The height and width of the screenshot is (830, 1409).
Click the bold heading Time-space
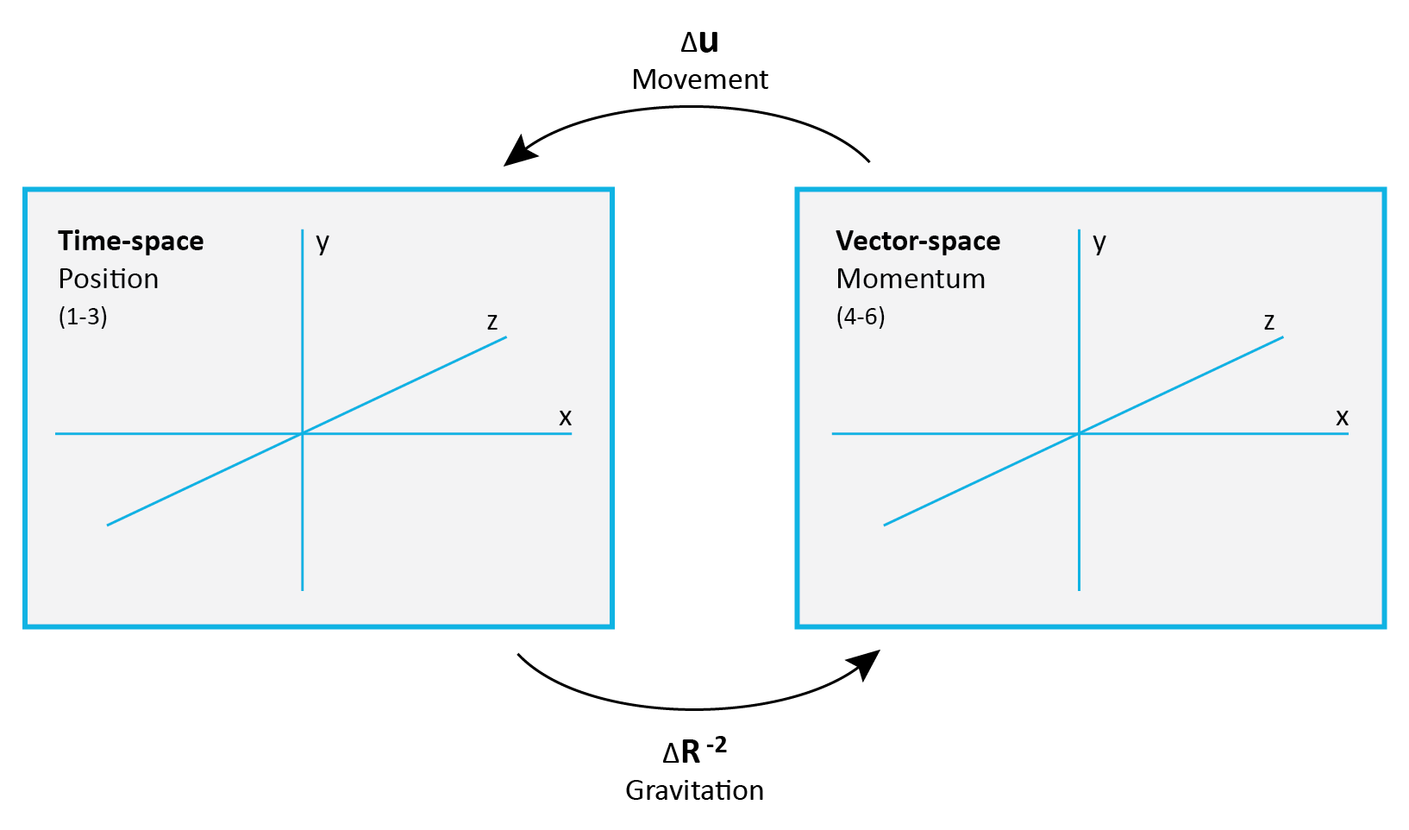point(130,241)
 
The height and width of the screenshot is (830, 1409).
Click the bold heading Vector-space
point(917,241)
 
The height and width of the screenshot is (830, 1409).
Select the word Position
point(108,279)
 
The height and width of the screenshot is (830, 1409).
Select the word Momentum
point(910,279)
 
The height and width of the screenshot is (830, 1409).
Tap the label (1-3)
point(83,317)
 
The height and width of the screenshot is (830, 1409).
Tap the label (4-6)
point(860,317)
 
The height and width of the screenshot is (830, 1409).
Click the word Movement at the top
point(699,79)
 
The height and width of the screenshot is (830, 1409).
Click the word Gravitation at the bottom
point(694,790)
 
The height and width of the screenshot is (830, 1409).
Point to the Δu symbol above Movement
point(699,41)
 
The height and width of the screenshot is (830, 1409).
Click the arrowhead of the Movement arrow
point(520,151)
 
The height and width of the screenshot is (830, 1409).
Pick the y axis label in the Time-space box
point(323,242)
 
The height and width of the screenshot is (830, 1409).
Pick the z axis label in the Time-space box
point(492,322)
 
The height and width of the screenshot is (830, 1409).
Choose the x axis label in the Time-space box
point(565,418)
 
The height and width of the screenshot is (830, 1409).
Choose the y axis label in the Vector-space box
point(1099,242)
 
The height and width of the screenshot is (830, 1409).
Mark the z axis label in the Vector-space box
point(1269,322)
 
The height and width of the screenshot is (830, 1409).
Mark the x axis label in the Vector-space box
point(1342,418)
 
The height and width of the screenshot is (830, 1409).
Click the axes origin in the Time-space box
point(303,433)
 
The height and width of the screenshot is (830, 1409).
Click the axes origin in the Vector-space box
point(1080,433)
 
